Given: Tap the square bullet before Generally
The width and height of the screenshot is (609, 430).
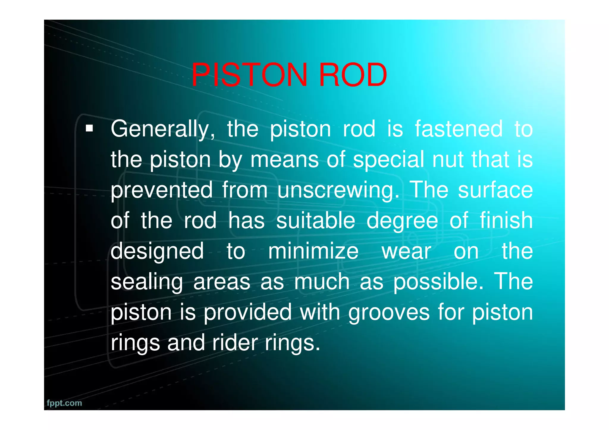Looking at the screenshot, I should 89,129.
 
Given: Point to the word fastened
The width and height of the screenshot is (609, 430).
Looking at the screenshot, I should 459,129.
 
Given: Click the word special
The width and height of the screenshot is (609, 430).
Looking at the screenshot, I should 388,160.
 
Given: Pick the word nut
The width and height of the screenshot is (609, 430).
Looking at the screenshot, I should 448,160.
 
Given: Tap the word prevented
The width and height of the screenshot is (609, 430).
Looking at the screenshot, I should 162,190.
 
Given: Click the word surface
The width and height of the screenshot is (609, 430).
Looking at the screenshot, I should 495,190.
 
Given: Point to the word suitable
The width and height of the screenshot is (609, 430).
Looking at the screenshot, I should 316,220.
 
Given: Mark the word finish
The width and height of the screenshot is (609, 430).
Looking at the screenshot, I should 506,220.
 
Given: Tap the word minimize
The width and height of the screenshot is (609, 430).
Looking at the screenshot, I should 313,251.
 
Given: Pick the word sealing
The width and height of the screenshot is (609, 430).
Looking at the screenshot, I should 147,283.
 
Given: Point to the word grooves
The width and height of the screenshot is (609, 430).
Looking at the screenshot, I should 389,313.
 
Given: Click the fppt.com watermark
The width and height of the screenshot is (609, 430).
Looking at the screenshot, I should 64,403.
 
